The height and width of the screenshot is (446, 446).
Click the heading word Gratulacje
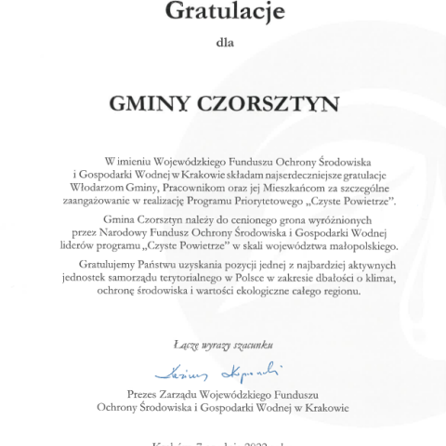(x=222, y=12)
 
